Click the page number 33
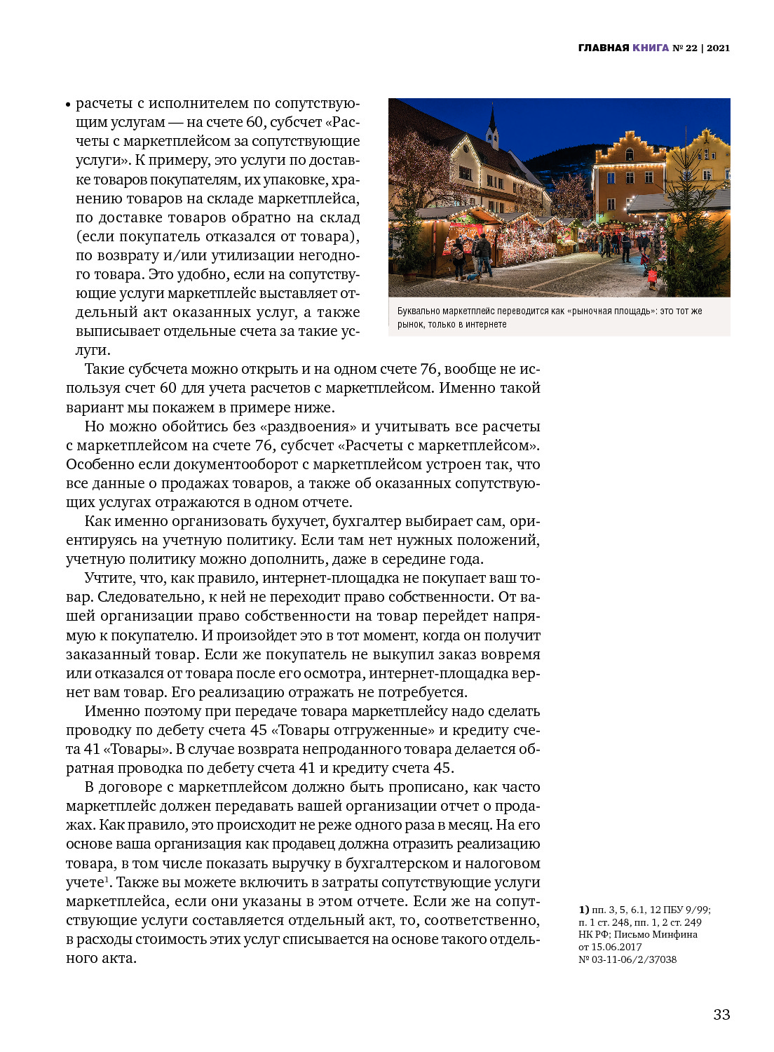721,1014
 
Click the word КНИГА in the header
651,48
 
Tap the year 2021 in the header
719,48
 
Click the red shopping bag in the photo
653,277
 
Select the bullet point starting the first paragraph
69,105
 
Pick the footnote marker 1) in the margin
583,910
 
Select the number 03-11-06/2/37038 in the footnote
635,959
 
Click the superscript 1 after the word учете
107,879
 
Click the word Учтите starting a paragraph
109,578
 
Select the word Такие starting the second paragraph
104,369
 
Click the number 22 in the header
691,48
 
